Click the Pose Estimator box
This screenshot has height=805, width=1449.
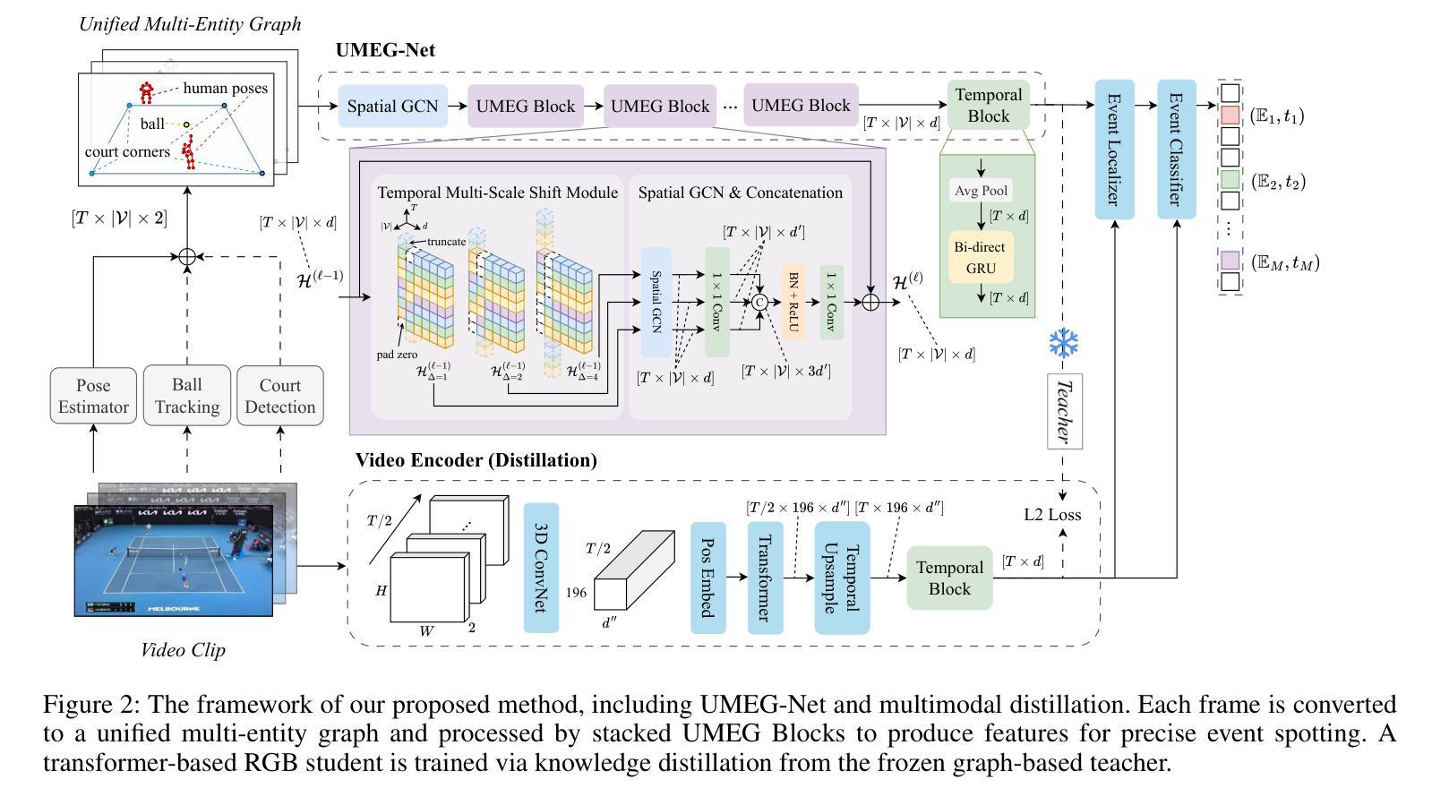(x=93, y=396)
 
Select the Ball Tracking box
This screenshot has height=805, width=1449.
(x=186, y=396)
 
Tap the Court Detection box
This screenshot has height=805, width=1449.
(x=280, y=396)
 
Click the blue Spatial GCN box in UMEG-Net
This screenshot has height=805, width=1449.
(x=392, y=107)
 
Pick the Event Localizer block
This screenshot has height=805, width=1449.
(x=1114, y=149)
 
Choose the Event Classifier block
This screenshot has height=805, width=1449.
(x=1176, y=149)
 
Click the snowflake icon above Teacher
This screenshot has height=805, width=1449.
(x=1064, y=344)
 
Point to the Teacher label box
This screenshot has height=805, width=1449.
(x=1064, y=411)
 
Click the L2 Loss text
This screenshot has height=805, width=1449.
(x=1052, y=515)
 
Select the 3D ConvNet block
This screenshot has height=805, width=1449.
(x=541, y=567)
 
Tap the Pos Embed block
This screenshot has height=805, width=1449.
(x=707, y=578)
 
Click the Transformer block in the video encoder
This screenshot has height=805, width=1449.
(x=765, y=578)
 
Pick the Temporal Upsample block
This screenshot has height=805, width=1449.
(x=842, y=578)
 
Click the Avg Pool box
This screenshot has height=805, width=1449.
(x=981, y=191)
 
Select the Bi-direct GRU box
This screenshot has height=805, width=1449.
(x=981, y=257)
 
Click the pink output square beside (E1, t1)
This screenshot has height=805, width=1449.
(x=1230, y=115)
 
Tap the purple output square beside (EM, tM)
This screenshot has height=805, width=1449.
(x=1230, y=261)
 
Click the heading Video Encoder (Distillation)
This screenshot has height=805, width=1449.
(x=476, y=460)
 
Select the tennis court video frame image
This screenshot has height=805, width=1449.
(x=174, y=561)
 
